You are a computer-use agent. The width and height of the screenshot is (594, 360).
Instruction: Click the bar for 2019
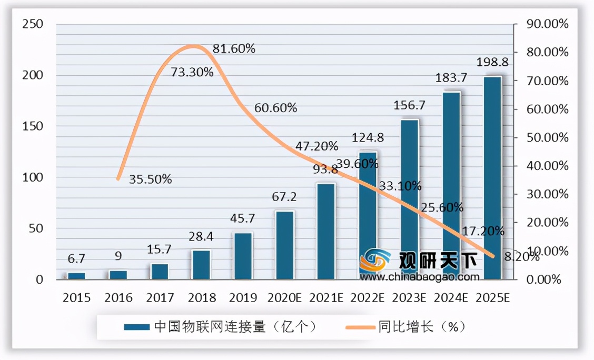[243, 256]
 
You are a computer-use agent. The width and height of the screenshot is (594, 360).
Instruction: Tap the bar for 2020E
[285, 245]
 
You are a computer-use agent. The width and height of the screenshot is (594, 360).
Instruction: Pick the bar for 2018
[201, 265]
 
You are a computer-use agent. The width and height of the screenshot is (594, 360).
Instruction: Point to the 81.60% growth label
[234, 49]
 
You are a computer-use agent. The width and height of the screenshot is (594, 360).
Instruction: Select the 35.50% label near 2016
[151, 179]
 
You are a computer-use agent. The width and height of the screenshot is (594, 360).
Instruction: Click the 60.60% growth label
[275, 108]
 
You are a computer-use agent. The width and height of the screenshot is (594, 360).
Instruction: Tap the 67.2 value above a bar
[285, 197]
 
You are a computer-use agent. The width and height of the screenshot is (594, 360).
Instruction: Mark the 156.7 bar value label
[410, 105]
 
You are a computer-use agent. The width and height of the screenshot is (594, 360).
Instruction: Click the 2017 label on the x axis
[160, 298]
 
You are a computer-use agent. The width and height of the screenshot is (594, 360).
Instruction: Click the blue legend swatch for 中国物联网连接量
[136, 327]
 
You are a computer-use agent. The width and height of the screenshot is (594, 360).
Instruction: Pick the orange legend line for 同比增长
[360, 327]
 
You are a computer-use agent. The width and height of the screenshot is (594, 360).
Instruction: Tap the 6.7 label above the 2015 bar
[76, 258]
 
